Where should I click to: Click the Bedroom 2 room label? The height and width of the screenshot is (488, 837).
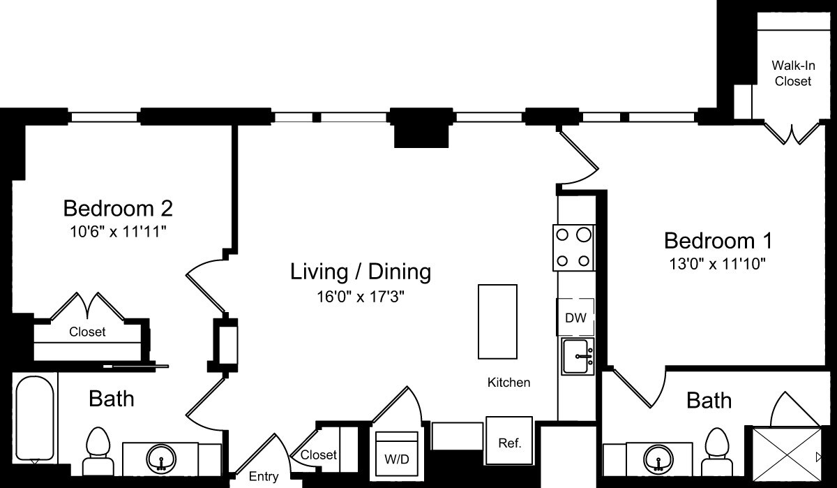[118, 208]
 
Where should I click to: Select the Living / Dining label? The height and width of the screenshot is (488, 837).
[361, 271]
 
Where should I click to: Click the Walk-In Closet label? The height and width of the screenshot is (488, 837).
[791, 73]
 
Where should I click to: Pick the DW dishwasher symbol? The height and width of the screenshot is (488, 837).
[575, 318]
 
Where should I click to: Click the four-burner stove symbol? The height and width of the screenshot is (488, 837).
[573, 248]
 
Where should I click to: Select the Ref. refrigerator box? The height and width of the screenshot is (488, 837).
[508, 441]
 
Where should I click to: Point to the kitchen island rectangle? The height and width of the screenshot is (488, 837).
[497, 320]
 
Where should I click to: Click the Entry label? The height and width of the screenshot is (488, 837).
[264, 477]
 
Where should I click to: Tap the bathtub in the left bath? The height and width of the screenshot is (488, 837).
[35, 419]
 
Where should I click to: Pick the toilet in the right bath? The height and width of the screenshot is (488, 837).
[716, 450]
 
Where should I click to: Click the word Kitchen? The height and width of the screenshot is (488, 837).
[508, 383]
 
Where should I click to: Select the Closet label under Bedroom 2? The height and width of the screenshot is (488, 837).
[87, 332]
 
